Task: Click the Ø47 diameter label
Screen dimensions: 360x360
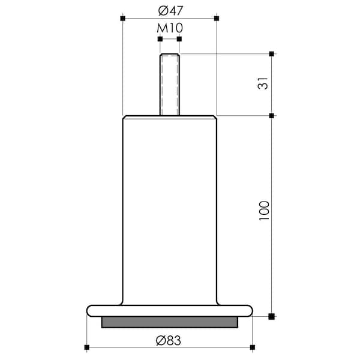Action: tap(170, 11)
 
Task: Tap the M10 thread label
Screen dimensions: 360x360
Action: tap(170, 28)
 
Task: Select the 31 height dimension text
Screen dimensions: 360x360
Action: tap(263, 83)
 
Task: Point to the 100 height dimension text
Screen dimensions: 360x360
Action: tap(264, 211)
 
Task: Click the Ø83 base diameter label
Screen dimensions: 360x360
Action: tap(168, 340)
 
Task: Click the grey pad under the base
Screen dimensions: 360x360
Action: tap(170, 322)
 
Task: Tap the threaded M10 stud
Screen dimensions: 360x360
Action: tap(170, 85)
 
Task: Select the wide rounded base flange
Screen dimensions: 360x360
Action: tap(170, 311)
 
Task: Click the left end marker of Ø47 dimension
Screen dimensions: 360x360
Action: tap(123, 19)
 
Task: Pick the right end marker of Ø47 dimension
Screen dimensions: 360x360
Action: tap(217, 19)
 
